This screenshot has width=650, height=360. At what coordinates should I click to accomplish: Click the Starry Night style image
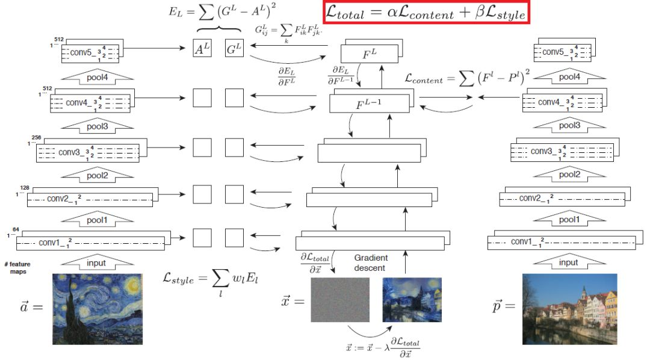pyautogui.click(x=97, y=308)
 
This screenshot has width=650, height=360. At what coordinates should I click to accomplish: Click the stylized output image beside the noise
pyautogui.click(x=412, y=299)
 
